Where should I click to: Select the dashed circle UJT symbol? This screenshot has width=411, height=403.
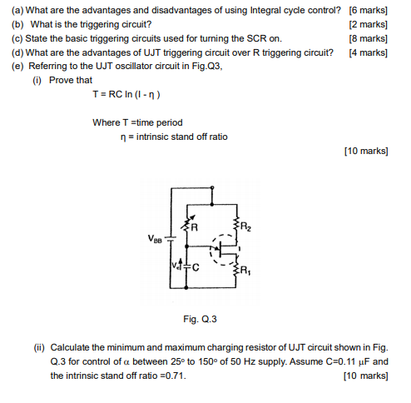click(x=224, y=247)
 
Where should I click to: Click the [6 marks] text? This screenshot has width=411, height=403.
click(x=369, y=10)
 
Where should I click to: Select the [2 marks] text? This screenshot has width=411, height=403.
click(x=369, y=24)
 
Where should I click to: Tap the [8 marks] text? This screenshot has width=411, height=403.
click(x=369, y=38)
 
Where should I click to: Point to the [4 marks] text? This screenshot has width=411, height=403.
click(x=369, y=52)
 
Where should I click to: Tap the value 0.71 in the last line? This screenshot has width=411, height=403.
click(x=173, y=376)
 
